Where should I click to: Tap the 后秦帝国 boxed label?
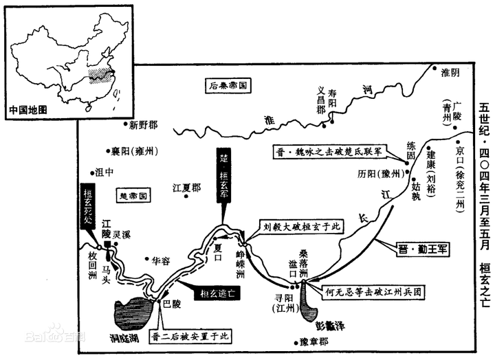(228, 85)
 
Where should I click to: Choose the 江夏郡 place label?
(187, 186)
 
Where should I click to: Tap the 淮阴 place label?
(452, 71)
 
